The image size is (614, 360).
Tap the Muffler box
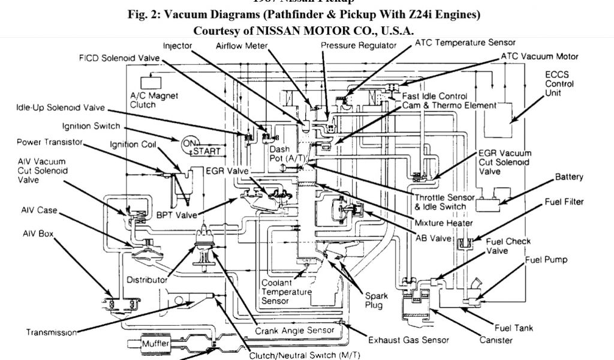pos(154,344)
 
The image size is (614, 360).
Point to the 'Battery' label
pos(568,178)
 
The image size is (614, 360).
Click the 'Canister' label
pos(496,340)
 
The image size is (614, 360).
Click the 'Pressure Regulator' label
pos(367,46)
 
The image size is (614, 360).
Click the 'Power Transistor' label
pos(49,143)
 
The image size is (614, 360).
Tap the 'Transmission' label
pos(52,332)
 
